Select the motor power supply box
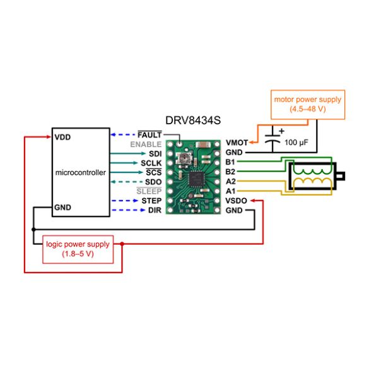[307, 104]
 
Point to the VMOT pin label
[237, 143]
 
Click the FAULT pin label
[149, 135]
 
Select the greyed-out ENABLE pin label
[146, 144]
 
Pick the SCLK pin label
[150, 163]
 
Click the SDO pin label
[152, 182]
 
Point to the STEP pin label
[151, 201]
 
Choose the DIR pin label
[154, 210]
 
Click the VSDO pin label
[237, 201]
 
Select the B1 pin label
[231, 162]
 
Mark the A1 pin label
[231, 190]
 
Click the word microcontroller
[81, 172]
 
